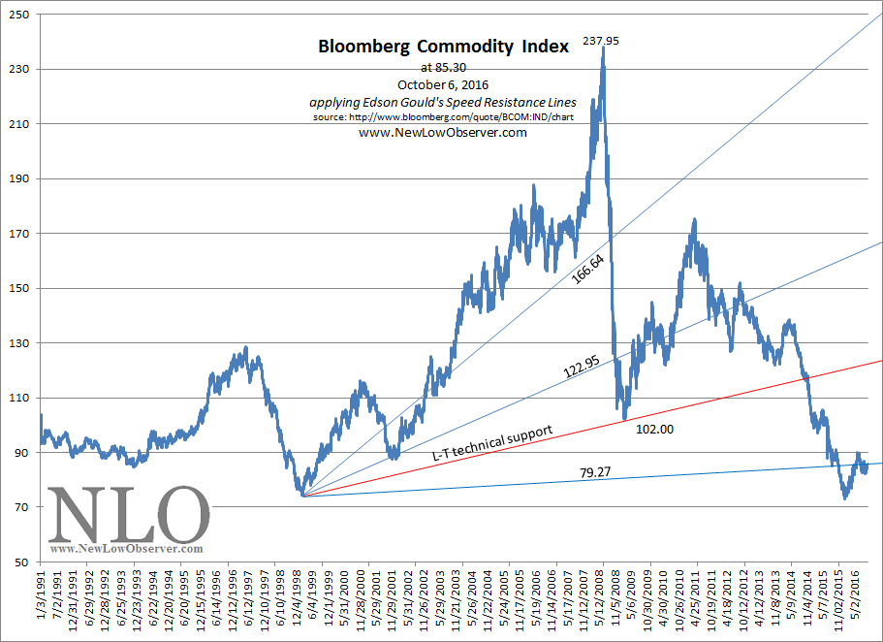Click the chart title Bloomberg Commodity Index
[x=443, y=47]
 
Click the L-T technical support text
[x=491, y=442]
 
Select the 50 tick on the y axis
[x=21, y=562]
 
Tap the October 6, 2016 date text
[x=442, y=85]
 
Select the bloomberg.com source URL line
[x=443, y=117]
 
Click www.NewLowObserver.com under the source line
[x=443, y=133]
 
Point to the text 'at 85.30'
[x=443, y=68]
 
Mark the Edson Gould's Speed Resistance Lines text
[x=443, y=102]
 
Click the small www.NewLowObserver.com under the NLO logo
[x=126, y=549]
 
